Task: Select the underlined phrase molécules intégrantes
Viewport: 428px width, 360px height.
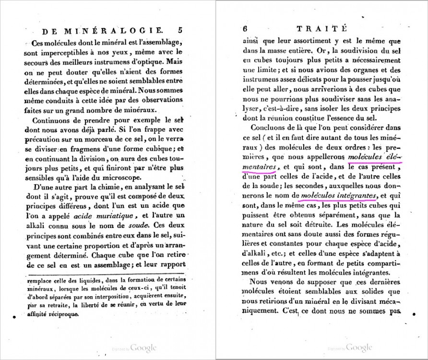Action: coord(337,196)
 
